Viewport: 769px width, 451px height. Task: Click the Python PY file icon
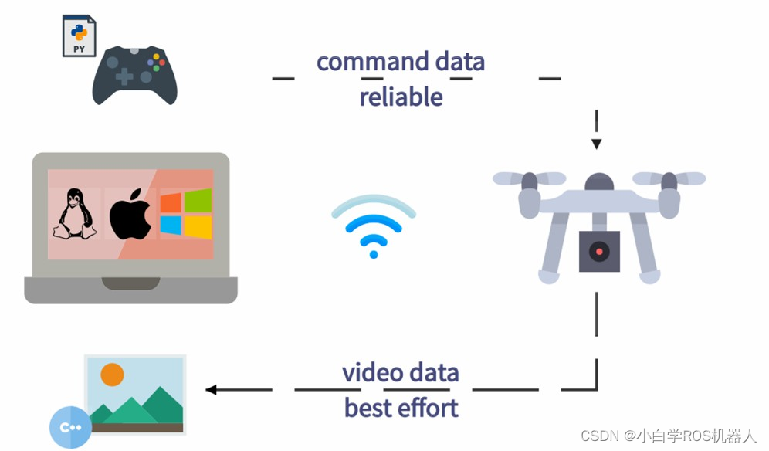coord(79,36)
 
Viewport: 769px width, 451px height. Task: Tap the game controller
coord(135,75)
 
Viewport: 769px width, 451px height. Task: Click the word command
coord(362,62)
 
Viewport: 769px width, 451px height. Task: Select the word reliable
coord(401,97)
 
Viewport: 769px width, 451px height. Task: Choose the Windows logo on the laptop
coord(186,213)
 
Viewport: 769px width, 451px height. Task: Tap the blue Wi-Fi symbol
coord(374,225)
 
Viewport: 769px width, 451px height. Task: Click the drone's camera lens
coord(599,252)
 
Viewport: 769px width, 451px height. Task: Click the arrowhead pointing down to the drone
coord(596,144)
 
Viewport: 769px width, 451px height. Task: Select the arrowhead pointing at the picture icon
coord(211,390)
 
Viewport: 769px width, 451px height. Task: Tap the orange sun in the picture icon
coord(113,375)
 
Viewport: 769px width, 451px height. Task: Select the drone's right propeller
coord(669,179)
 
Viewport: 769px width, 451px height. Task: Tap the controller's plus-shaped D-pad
coord(124,76)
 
